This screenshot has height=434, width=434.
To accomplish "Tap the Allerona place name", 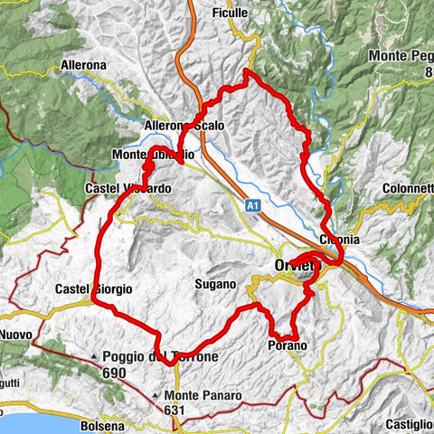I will [x=108, y=66].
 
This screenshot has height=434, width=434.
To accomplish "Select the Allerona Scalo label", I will [x=184, y=126].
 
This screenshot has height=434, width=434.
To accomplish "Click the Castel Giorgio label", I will [x=92, y=288].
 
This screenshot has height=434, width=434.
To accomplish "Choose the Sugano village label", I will [x=214, y=284].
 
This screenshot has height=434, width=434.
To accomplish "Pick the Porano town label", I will [x=288, y=345].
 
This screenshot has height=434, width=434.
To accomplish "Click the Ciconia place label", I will [x=339, y=240].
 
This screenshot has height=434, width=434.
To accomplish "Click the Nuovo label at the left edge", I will [x=15, y=334].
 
